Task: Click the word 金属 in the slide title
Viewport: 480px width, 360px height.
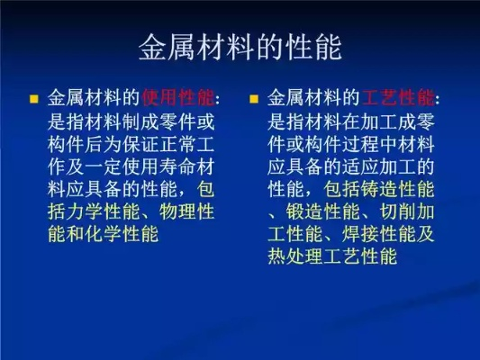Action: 167,48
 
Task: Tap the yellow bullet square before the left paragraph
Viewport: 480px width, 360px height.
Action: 33,99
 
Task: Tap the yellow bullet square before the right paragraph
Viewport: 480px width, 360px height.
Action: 254,99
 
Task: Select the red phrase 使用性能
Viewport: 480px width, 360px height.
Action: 177,98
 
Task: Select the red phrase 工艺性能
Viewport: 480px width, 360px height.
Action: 398,98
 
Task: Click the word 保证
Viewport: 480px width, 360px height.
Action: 140,144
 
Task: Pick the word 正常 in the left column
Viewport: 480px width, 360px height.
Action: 178,144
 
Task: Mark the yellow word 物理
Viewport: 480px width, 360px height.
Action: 178,212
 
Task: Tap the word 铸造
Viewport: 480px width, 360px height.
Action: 380,190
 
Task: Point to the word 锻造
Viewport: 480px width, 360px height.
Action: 305,212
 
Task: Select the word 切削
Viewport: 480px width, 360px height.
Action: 398,212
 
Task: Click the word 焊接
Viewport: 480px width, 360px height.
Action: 361,235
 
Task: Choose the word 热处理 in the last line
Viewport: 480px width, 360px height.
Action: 295,256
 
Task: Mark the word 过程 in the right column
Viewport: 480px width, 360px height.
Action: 361,144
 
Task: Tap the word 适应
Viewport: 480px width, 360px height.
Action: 361,167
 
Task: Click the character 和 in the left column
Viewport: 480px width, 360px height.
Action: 76,235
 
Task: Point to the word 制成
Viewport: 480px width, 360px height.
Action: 140,121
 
